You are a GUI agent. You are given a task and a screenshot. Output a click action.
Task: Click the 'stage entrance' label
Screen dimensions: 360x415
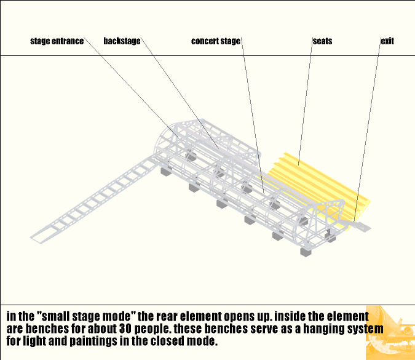[x=57, y=42]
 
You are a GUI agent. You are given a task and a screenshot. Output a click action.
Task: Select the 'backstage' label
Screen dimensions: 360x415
[x=122, y=41]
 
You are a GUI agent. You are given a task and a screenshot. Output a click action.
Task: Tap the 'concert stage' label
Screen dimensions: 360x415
[x=215, y=42]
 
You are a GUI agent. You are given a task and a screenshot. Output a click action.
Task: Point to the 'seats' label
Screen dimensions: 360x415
[x=322, y=41]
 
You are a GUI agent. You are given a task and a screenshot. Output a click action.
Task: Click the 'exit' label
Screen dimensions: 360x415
[x=387, y=41]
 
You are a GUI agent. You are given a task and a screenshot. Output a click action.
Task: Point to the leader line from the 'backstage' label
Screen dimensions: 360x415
[x=178, y=92]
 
